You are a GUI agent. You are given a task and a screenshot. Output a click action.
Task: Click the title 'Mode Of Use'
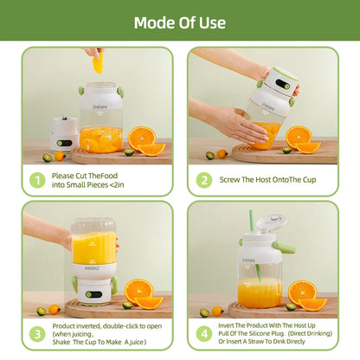click(180, 22)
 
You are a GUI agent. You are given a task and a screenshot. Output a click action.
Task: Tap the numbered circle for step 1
click(37, 180)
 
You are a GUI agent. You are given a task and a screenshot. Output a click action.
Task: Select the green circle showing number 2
click(203, 180)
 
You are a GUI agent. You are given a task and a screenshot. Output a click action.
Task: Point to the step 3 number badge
click(37, 334)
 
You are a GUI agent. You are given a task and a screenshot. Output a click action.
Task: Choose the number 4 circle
click(203, 334)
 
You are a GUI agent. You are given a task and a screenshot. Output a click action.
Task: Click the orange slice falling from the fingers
click(97, 62)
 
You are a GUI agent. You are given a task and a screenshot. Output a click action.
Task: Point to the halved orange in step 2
click(299, 136)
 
